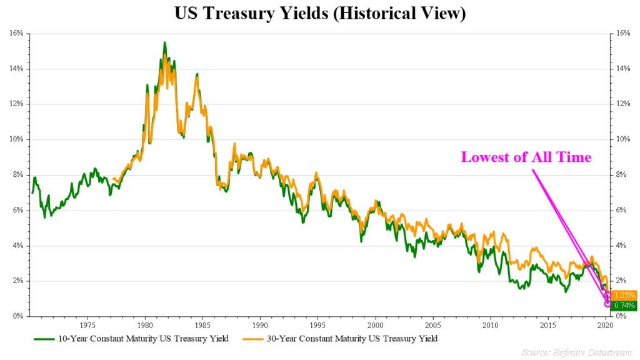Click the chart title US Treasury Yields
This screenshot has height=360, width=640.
pyautogui.click(x=320, y=14)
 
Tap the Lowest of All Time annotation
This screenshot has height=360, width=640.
pyautogui.click(x=526, y=157)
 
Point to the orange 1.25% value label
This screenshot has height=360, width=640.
pyautogui.click(x=624, y=294)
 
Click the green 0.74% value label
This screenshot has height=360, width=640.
pyautogui.click(x=624, y=306)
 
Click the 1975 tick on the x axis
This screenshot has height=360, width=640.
pyautogui.click(x=87, y=325)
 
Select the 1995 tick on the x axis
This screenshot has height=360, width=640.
pyautogui.click(x=317, y=325)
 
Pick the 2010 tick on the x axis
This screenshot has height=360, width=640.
pyautogui.click(x=491, y=325)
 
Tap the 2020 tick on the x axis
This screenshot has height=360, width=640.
pyautogui.click(x=606, y=325)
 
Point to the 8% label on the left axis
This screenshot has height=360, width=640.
pyautogui.click(x=17, y=175)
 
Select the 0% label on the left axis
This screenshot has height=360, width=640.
pyautogui.click(x=17, y=316)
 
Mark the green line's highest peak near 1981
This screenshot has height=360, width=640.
pyautogui.click(x=164, y=42)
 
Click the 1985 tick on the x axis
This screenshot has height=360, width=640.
pyautogui.click(x=202, y=325)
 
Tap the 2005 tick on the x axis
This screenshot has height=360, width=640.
pyautogui.click(x=433, y=325)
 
